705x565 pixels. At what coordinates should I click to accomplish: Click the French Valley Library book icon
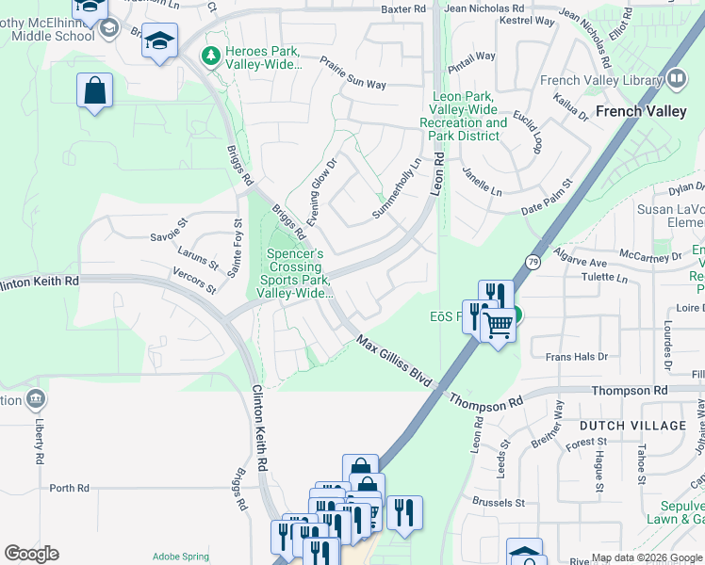click(676, 79)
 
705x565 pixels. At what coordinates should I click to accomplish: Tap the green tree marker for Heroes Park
click(211, 56)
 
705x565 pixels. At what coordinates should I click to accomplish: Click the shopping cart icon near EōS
click(499, 326)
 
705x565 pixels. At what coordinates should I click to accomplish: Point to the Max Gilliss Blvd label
click(394, 362)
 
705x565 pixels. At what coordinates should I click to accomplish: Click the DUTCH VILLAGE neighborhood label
click(632, 426)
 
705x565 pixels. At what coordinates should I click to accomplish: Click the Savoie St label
click(169, 230)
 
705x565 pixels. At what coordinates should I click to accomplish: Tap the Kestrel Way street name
click(526, 19)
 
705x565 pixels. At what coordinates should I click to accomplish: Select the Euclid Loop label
click(528, 134)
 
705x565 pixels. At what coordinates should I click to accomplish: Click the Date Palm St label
click(547, 197)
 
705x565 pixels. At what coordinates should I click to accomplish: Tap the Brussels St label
click(499, 503)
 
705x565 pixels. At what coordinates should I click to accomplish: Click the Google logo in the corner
click(31, 554)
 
